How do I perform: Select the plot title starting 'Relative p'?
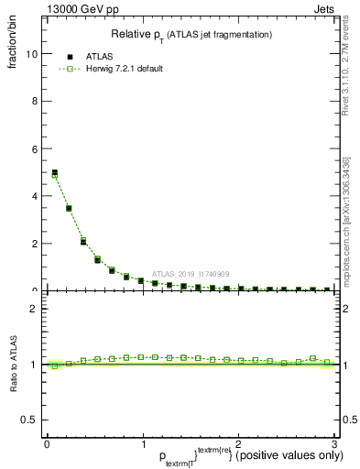[x=191, y=35]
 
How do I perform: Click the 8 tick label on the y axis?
[x=34, y=102]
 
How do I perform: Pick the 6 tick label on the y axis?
[x=34, y=149]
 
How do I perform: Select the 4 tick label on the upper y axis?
[x=34, y=196]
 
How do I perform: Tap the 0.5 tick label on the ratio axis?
[x=29, y=419]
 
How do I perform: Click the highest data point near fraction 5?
[x=55, y=172]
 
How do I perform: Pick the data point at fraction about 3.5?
[x=69, y=208]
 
